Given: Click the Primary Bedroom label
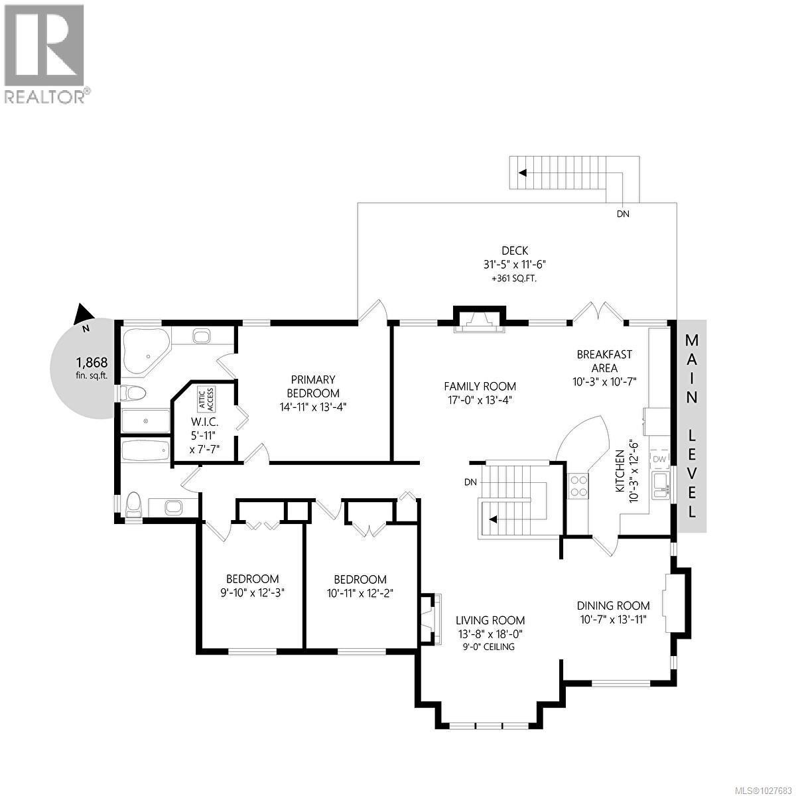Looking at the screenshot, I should pos(313,386).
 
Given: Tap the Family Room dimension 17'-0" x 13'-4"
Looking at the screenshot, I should pos(480,400).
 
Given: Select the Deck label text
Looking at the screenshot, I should pos(514,250).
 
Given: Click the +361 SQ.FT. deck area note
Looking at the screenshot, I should pos(514,279).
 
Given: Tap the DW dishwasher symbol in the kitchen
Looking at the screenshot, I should pos(659,460).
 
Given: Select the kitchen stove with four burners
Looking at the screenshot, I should pos(578,486).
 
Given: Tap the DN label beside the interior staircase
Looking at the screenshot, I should pos(470,482).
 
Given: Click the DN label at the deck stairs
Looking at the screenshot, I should pos(623,214).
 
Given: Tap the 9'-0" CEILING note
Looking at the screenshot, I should pos(489,647).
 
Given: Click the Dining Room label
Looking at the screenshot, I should pos(613,605).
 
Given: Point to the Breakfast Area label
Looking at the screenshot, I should pos(604,362).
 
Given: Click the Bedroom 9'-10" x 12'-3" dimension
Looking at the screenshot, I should pos(252,592).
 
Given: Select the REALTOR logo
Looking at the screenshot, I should pos(45,54).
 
